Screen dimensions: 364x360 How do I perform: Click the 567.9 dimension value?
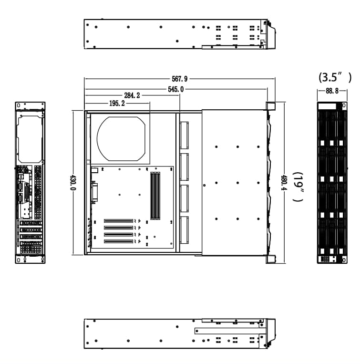pyautogui.click(x=179, y=79)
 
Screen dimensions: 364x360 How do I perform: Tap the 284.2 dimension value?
pyautogui.click(x=132, y=96)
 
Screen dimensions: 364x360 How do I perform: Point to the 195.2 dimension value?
pyautogui.click(x=117, y=103)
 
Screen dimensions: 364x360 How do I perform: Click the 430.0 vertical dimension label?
pyautogui.click(x=73, y=182)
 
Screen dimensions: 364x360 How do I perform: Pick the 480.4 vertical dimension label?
pyautogui.click(x=284, y=182)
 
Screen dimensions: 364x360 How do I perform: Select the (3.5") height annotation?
pyautogui.click(x=335, y=77)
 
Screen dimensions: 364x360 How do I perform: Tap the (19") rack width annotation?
pyautogui.click(x=298, y=187)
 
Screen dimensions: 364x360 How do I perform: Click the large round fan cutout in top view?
pyautogui.click(x=121, y=138)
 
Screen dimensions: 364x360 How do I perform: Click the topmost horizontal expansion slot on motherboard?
pyautogui.click(x=118, y=221)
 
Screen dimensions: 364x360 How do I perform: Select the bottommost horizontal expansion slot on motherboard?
pyautogui.click(x=118, y=242)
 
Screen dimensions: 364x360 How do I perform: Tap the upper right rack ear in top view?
pyautogui.click(x=270, y=106)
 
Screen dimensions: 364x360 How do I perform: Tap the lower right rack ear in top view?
pyautogui.click(x=270, y=259)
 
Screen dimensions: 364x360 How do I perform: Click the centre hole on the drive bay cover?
pyautogui.click(x=237, y=183)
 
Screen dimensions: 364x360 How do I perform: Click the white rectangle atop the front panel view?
pyautogui.click(x=327, y=105)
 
